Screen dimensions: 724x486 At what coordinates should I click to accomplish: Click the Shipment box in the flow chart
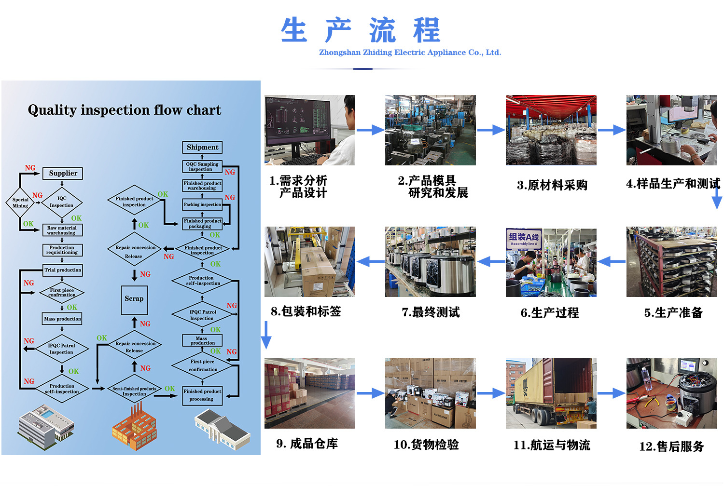point(202,148)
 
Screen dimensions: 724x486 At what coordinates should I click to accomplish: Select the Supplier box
point(63,174)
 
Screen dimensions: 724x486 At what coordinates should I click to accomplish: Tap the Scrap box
point(134,299)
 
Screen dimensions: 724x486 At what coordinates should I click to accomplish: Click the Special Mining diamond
point(20,202)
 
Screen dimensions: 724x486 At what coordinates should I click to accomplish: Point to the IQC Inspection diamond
point(62,202)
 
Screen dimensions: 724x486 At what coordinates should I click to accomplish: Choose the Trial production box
point(63,270)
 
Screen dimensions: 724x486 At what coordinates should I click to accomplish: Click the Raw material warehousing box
point(62,230)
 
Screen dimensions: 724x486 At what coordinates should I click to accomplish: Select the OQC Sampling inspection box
point(202,167)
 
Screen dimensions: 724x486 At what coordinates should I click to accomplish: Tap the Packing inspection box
point(202,205)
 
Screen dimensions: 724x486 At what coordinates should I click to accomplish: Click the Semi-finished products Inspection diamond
point(134,391)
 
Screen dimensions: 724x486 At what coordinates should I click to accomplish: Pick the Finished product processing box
point(202,395)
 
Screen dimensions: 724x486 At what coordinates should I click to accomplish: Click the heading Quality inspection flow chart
point(125,110)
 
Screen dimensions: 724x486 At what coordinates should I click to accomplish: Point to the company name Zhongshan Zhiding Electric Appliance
point(410,53)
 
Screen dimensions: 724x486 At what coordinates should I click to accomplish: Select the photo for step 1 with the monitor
point(310,130)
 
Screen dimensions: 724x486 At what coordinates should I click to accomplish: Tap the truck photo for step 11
point(551,393)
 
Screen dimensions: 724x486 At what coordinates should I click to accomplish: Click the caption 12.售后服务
point(671,446)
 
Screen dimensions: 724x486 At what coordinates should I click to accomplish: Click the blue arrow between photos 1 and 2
point(370,130)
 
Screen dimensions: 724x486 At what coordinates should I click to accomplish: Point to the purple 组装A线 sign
point(524,238)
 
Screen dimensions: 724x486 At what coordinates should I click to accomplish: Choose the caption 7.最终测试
point(431,312)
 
